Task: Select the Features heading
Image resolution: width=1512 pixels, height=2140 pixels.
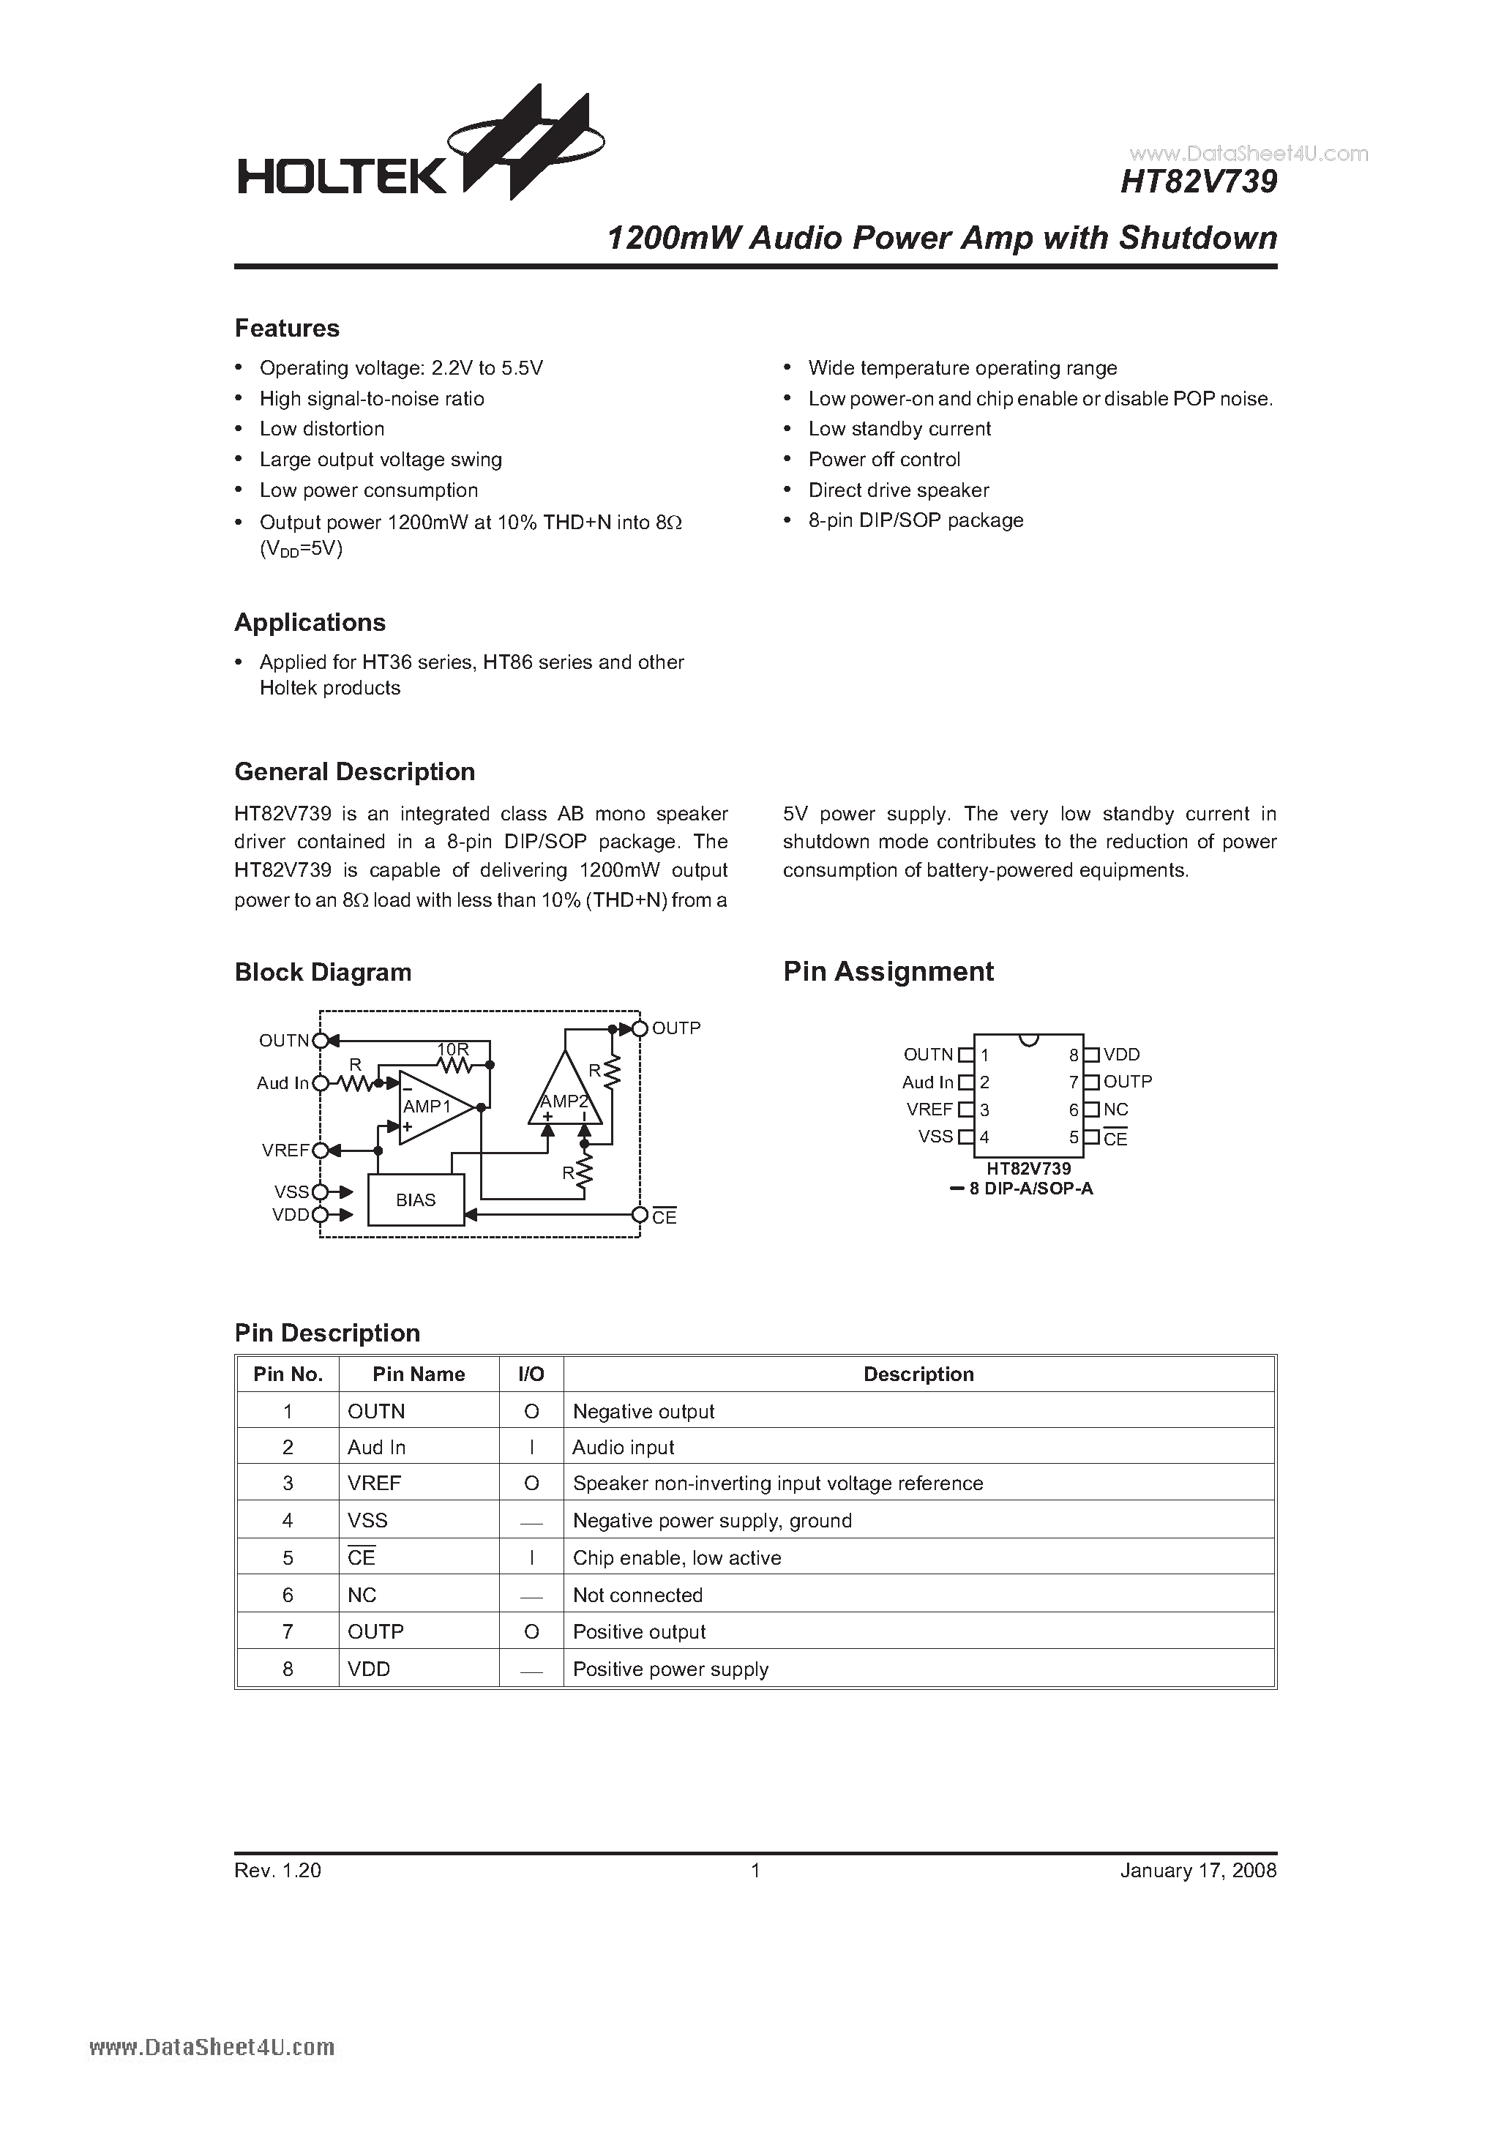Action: click(287, 329)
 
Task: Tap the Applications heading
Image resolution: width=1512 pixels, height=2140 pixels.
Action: click(310, 623)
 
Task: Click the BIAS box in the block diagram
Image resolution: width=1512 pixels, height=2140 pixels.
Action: click(416, 1200)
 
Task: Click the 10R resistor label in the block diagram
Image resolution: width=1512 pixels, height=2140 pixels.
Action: click(453, 1050)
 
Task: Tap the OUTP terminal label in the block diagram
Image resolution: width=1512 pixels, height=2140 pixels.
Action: click(675, 1028)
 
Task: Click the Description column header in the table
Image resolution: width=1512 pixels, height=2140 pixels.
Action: click(918, 1374)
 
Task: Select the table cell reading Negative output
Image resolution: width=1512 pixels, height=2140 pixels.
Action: click(643, 1412)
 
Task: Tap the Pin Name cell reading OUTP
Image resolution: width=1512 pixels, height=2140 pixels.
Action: click(375, 1632)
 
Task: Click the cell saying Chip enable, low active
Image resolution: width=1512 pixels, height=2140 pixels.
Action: click(677, 1558)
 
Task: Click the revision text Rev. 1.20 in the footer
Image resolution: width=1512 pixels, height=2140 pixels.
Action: click(278, 1871)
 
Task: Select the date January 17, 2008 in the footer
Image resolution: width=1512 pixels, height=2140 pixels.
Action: click(1198, 1871)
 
